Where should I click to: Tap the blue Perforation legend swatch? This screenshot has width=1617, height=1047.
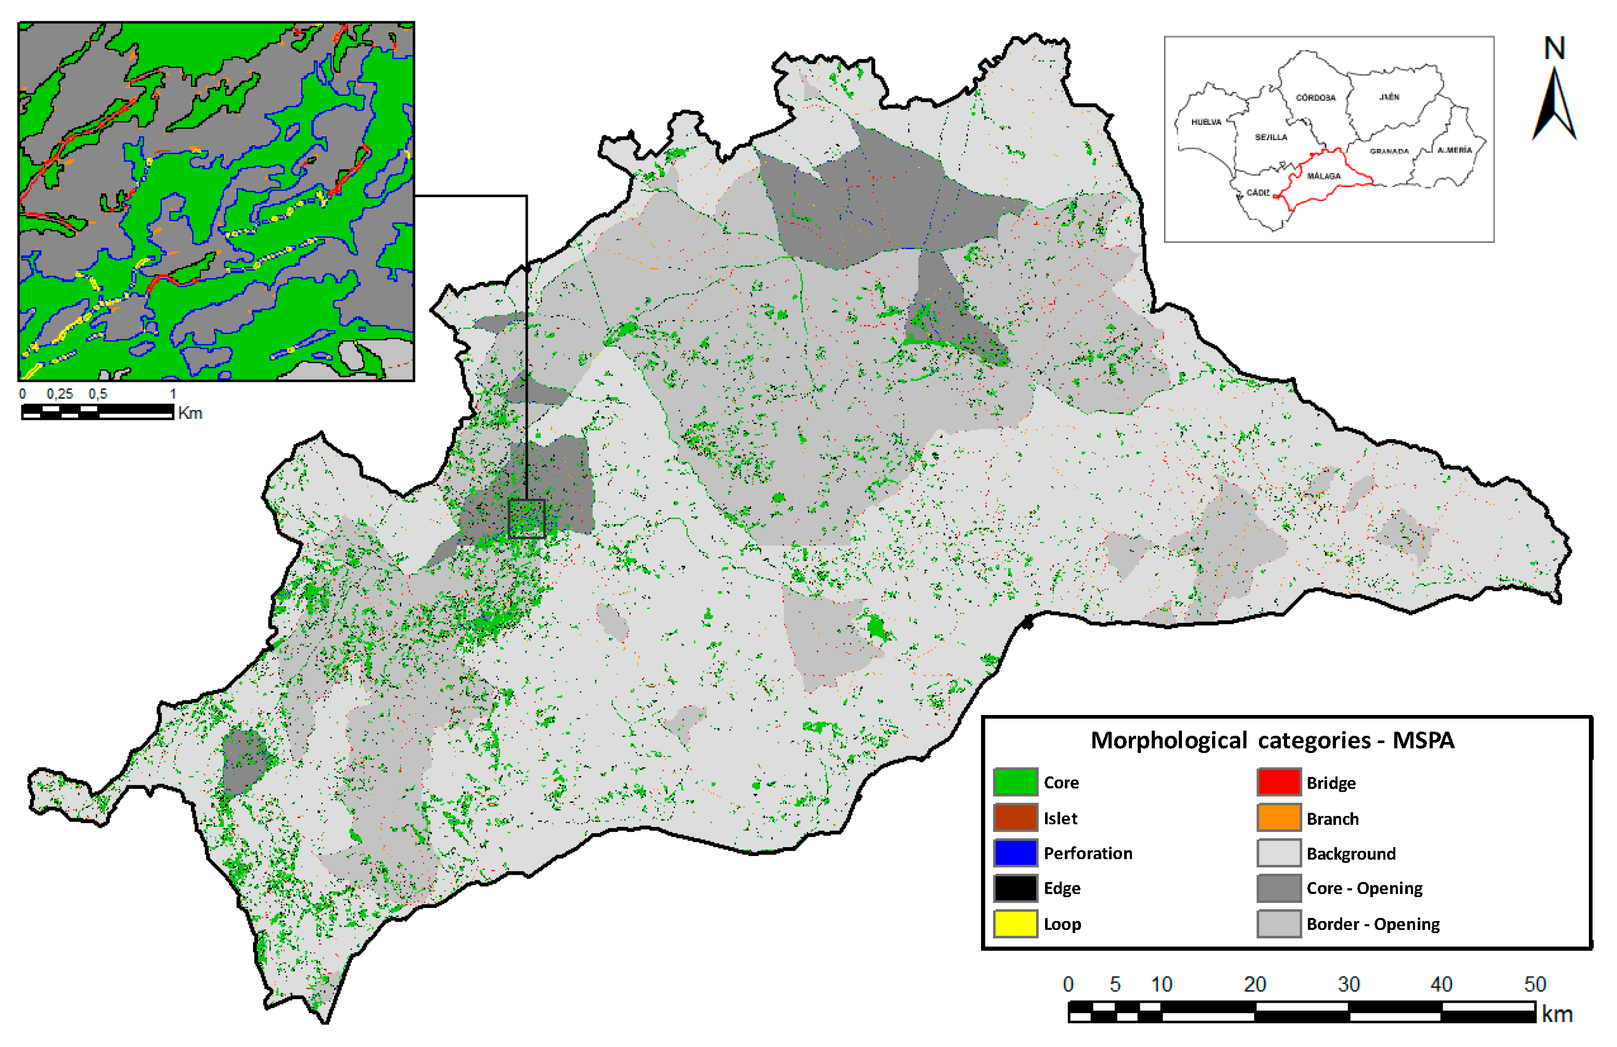click(1015, 853)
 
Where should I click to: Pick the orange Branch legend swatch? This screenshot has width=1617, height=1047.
click(1278, 818)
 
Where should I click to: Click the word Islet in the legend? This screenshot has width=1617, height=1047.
click(1060, 819)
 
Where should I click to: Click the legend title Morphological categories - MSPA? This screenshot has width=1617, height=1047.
click(1272, 740)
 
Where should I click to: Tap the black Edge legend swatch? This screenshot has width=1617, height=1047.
click(1015, 888)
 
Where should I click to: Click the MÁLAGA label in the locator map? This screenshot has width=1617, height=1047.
click(1323, 176)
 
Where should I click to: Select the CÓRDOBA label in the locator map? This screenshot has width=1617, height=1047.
click(1315, 98)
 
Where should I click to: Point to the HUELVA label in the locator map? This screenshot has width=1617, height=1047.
click(1206, 122)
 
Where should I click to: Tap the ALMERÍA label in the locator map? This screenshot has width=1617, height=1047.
click(1454, 150)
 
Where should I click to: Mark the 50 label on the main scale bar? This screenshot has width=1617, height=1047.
click(1535, 985)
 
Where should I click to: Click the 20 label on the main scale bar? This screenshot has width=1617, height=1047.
click(1254, 985)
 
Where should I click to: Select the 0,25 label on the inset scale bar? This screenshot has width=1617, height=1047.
click(60, 394)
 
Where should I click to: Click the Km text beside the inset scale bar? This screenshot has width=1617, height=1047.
click(190, 413)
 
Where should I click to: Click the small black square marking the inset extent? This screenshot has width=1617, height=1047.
click(527, 519)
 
